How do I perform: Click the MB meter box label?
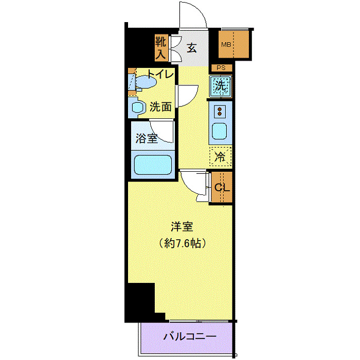point(226,45)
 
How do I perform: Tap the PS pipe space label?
point(221,68)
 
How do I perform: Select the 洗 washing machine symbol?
point(221,86)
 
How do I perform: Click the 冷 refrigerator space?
point(220,157)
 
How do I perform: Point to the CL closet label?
point(222,187)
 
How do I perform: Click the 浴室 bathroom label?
point(146,138)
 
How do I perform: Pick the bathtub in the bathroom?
point(153,166)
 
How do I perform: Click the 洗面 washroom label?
point(160,107)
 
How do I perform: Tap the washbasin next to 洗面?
point(137,107)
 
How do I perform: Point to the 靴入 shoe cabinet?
point(160,47)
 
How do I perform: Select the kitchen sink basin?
point(220,132)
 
